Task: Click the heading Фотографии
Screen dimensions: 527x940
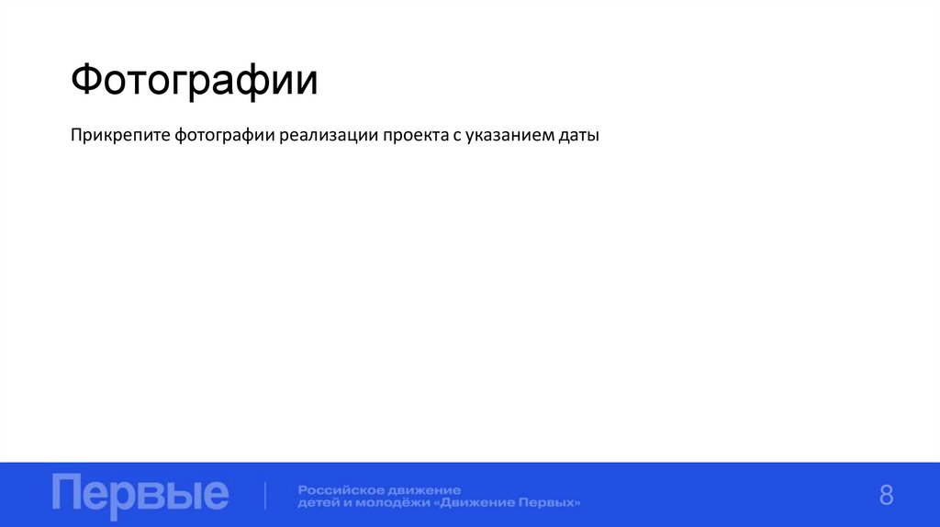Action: pos(194,81)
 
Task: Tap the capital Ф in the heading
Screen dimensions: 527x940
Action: pos(88,81)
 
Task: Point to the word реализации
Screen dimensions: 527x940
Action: pos(329,137)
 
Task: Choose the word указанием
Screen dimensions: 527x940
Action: pos(508,137)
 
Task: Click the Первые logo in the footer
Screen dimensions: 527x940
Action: pos(140,494)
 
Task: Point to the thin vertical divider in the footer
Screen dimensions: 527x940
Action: pos(266,495)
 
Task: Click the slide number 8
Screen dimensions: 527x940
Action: pos(886,495)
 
